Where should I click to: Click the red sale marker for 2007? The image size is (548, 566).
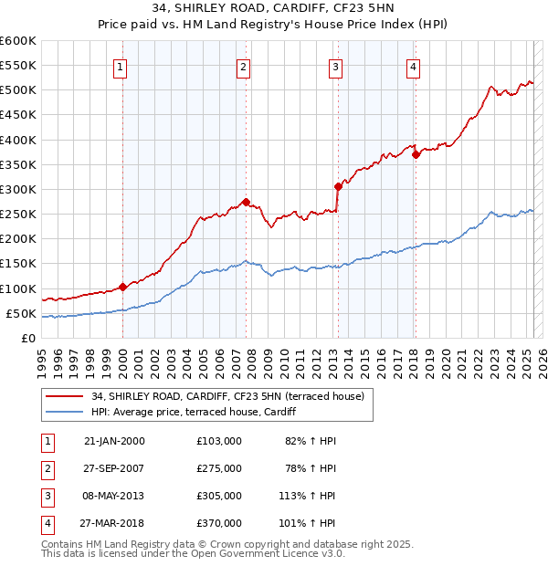coord(247,202)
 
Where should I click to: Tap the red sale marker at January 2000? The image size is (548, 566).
coord(122,287)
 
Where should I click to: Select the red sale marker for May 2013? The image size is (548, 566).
coord(338,186)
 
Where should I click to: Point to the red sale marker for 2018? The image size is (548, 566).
coord(416,154)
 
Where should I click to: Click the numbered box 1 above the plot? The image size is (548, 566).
coord(121,66)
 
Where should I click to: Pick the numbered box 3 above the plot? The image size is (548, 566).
coord(336,66)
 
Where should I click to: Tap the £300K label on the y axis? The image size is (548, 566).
coord(18,189)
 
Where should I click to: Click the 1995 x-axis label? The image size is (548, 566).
coord(42,356)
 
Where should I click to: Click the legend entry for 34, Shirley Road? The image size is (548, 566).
coord(227,396)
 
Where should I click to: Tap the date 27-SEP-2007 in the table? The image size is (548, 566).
coord(114,468)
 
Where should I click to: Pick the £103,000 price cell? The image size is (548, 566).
coord(219,441)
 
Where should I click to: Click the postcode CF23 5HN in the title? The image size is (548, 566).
coord(329,9)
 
